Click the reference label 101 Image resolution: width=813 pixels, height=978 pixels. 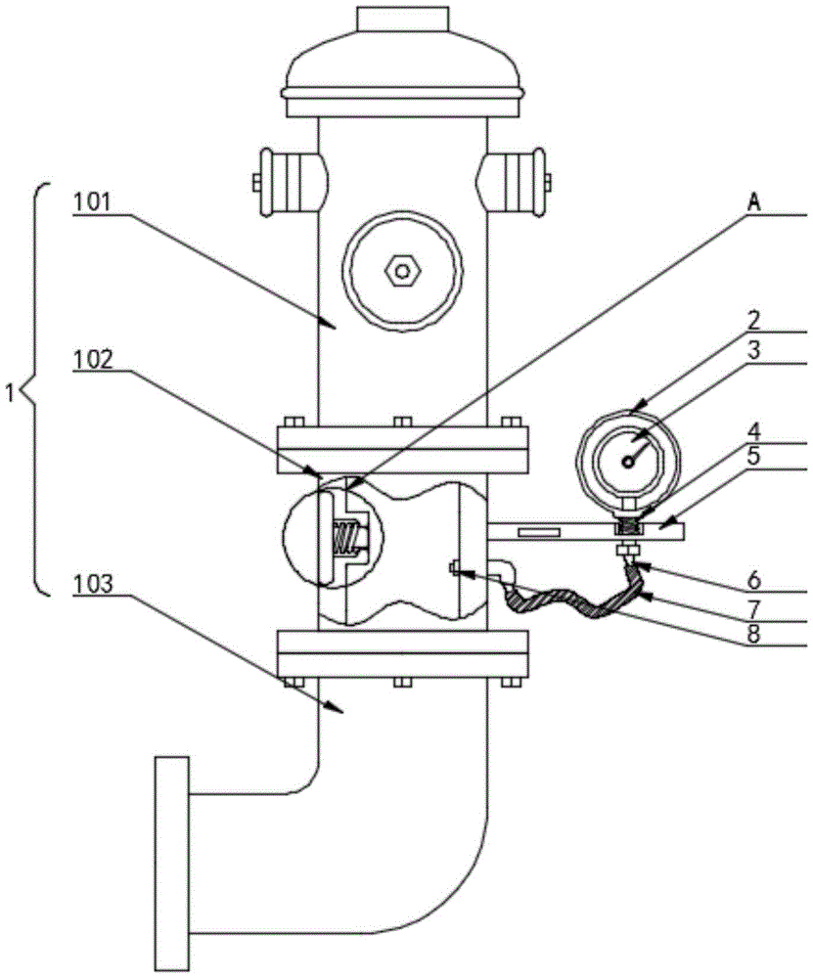tap(91, 202)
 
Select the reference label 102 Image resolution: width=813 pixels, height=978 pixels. tap(92, 359)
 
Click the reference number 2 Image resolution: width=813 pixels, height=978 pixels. tap(754, 320)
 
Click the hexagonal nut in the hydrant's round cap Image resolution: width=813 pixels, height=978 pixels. tap(402, 271)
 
